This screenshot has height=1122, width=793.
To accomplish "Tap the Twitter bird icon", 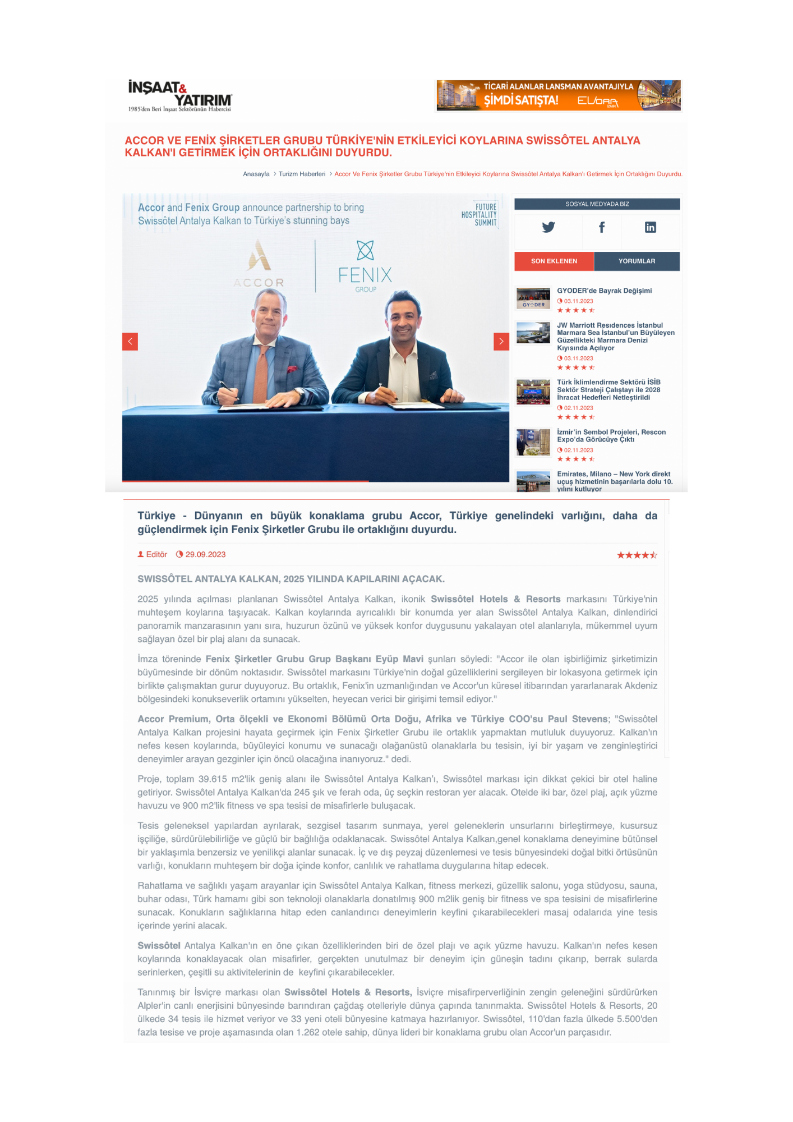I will pos(548,227).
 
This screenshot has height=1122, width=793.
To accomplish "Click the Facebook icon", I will pos(601,227).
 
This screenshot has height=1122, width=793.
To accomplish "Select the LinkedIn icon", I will pos(650,227).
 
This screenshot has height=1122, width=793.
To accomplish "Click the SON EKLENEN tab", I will pos(554,261).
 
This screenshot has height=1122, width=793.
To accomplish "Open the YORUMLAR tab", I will pos(637,261).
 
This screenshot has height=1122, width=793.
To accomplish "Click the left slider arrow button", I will pos(130,341).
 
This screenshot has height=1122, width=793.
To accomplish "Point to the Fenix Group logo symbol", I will pos(365,250).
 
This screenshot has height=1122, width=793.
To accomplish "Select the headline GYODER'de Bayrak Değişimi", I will pos(604,291).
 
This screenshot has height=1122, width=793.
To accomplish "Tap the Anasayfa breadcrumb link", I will pos(256,174).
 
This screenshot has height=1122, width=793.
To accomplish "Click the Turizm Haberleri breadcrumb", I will pos(302,174).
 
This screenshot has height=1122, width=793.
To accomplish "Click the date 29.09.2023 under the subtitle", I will pos(205,555).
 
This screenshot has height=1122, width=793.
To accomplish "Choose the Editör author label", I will pos(156,555).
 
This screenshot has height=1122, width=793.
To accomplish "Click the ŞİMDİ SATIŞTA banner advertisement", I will pos(558,95).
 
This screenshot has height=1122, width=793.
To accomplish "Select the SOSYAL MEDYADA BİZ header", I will pos(597,204).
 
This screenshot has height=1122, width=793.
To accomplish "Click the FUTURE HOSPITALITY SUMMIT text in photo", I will pos(480,215).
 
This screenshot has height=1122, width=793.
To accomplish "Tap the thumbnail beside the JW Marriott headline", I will pos(533,333).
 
